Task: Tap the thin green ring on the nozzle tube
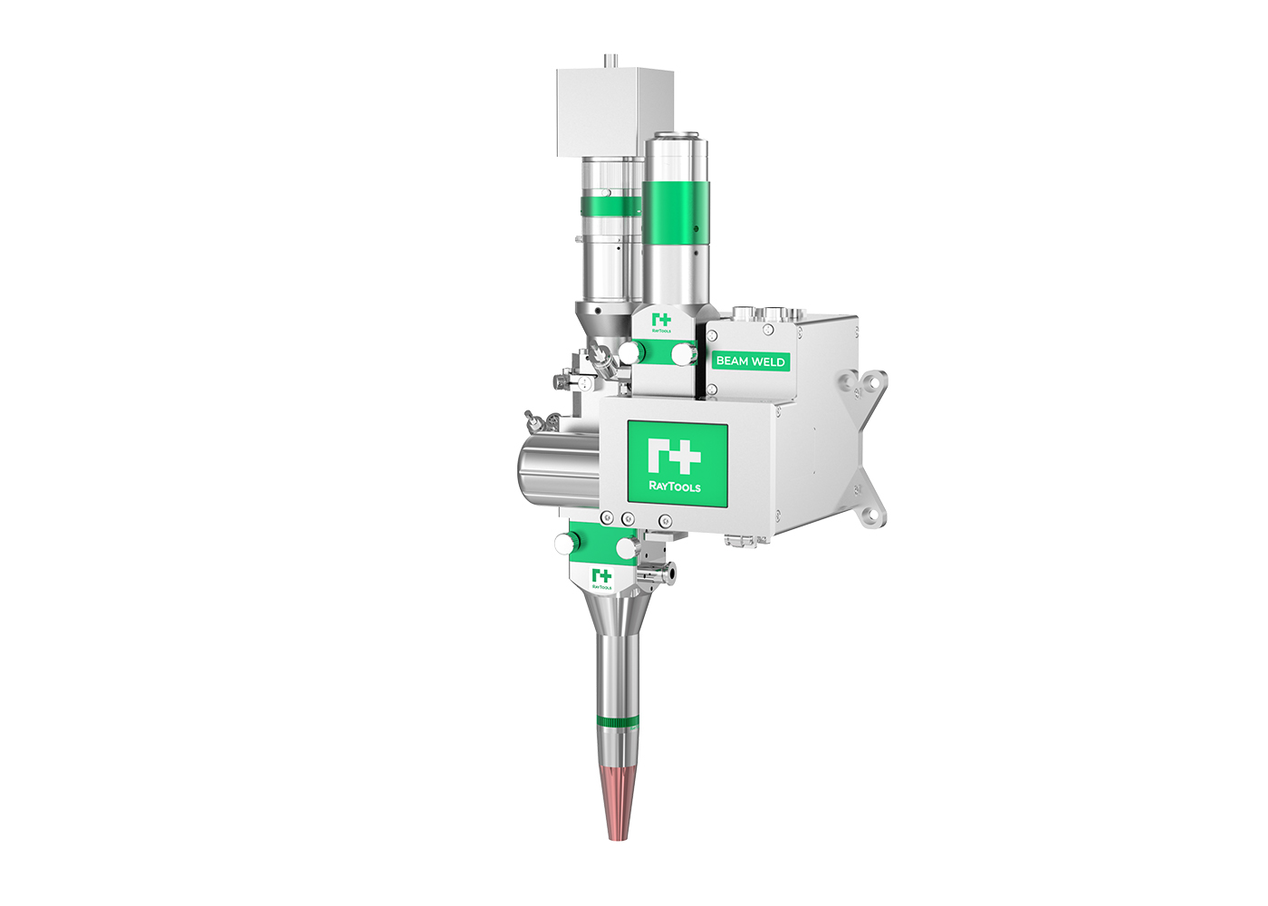(x=617, y=722)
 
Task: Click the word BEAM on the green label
(x=732, y=361)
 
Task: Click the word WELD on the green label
(x=768, y=361)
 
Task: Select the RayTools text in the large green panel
(x=675, y=487)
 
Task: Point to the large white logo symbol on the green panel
(x=674, y=455)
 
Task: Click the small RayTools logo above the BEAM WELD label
(x=661, y=323)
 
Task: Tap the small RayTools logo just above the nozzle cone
(x=601, y=579)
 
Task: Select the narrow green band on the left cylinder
(x=610, y=206)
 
